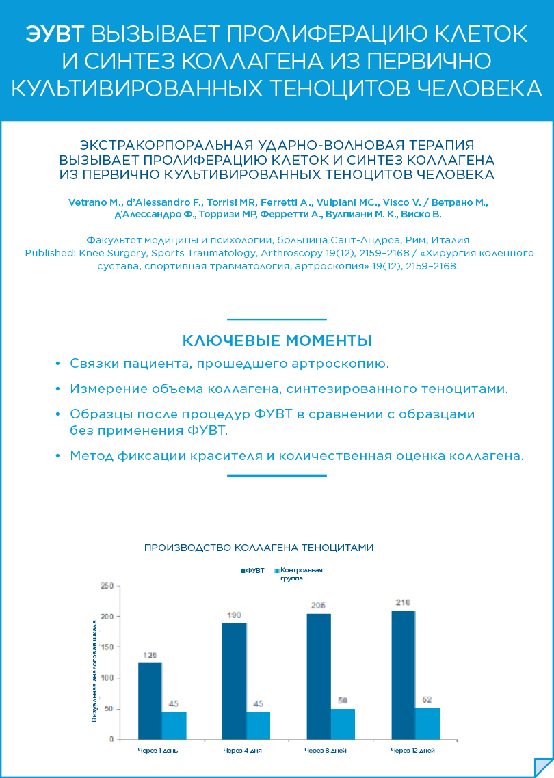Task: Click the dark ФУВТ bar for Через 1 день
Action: click(150, 701)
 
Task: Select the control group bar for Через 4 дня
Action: click(259, 725)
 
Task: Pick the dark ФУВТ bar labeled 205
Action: click(319, 676)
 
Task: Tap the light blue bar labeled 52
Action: click(427, 723)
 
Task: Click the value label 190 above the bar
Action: click(234, 615)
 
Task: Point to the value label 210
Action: click(403, 603)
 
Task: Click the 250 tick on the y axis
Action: click(106, 586)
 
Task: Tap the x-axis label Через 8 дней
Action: click(325, 751)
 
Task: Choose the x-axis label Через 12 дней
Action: click(412, 751)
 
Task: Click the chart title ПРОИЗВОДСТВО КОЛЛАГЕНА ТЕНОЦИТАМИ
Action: click(259, 548)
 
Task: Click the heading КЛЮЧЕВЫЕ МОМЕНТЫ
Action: click(277, 340)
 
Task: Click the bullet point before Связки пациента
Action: click(57, 364)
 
